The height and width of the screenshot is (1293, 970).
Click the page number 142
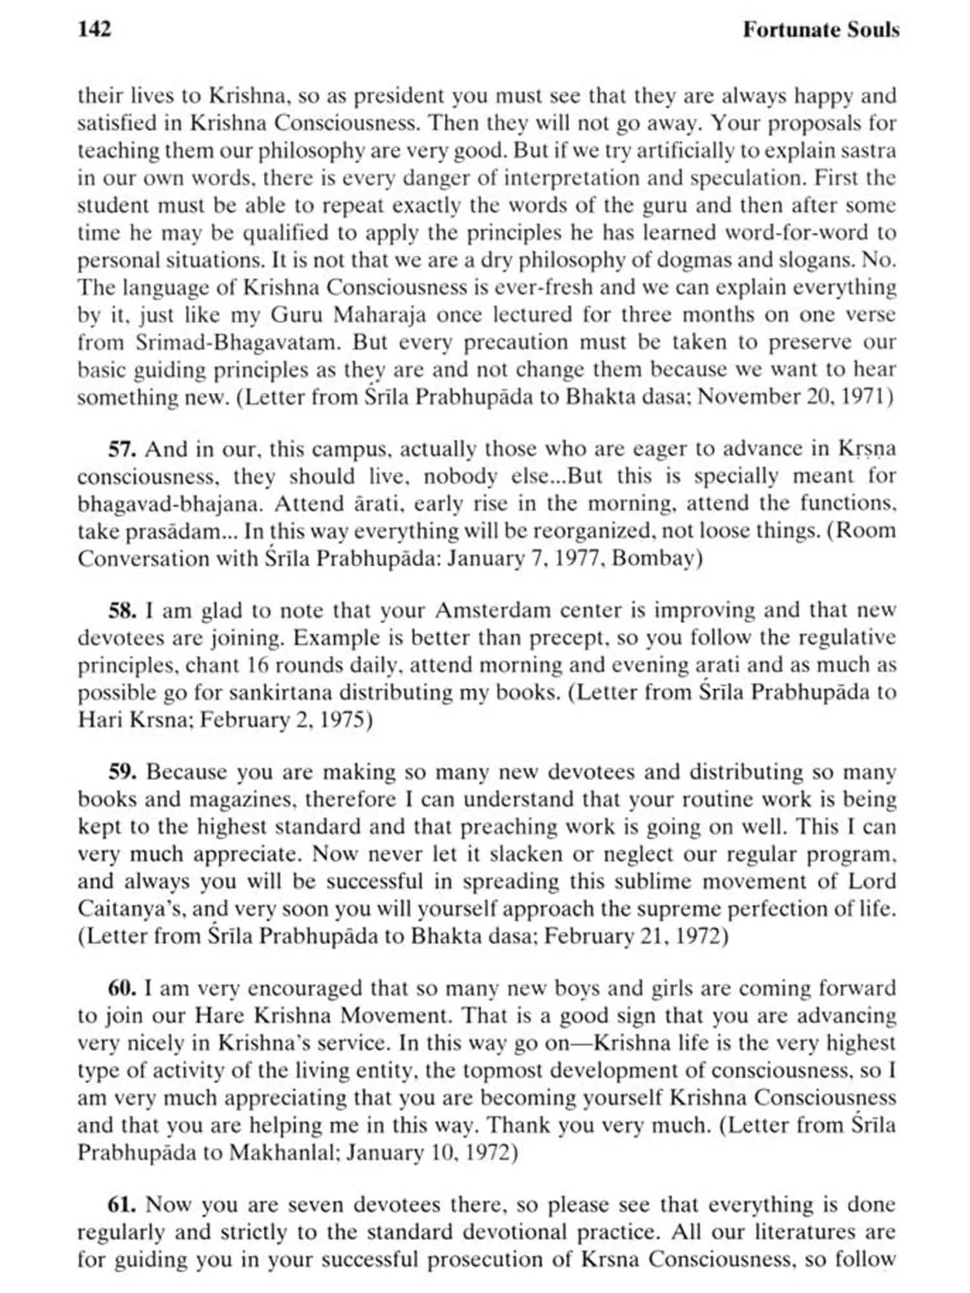tap(94, 30)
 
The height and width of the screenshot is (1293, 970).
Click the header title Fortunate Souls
tap(821, 30)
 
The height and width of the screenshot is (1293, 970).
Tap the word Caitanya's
tap(129, 909)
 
